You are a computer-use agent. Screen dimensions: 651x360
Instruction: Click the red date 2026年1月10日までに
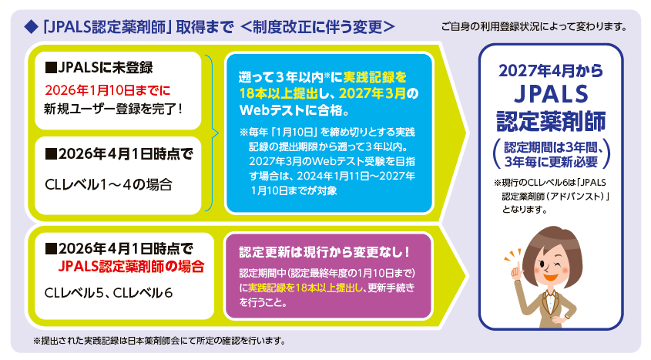coord(108,90)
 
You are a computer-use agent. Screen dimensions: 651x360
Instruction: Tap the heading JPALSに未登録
coord(99,67)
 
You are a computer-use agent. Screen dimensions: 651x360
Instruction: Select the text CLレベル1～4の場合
coord(109,184)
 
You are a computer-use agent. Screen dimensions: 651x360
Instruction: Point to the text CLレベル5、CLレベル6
coord(109,293)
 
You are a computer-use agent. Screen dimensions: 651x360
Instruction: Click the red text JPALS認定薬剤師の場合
coord(131,266)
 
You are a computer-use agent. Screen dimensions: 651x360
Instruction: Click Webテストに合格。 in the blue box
coord(294,110)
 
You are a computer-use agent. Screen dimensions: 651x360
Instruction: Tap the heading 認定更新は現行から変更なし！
coord(324,251)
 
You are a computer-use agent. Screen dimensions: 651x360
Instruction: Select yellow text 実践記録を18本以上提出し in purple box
coord(306,288)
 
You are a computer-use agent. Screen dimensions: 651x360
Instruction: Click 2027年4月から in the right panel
coord(551,71)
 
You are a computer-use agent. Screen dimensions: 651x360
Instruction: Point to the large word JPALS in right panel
coord(551,94)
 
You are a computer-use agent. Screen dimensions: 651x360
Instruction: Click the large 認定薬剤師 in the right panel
coord(551,121)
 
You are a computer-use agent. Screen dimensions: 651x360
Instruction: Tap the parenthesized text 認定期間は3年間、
coord(553,147)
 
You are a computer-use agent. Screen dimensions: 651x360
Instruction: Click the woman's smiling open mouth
coord(551,277)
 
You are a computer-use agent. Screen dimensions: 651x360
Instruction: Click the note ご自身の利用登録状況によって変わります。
coord(534,27)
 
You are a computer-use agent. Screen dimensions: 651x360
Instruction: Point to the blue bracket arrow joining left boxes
coord(212,133)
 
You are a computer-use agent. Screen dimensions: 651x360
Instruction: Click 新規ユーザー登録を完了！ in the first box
coord(113,109)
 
